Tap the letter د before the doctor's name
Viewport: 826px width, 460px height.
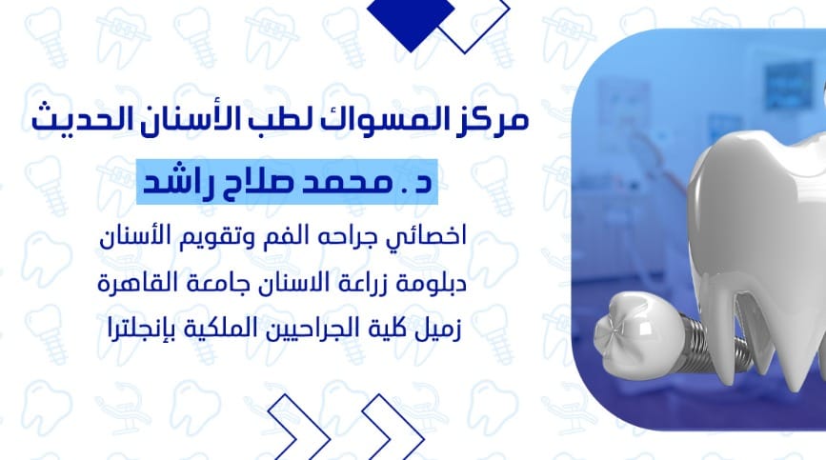[x=424, y=183]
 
